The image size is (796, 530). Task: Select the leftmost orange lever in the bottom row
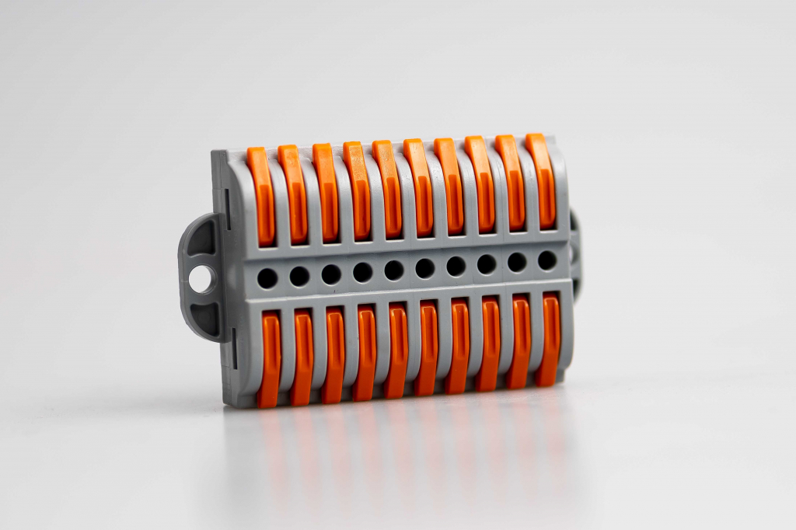coord(270,358)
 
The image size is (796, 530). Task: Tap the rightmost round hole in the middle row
coord(547,260)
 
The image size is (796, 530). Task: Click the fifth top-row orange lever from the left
coord(386,189)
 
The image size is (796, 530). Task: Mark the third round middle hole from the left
coord(331,274)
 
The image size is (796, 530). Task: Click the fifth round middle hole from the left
coord(394,270)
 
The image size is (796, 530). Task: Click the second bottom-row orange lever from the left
coord(302,357)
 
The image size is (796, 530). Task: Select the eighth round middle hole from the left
coord(487,264)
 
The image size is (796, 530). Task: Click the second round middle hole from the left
coord(299,276)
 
